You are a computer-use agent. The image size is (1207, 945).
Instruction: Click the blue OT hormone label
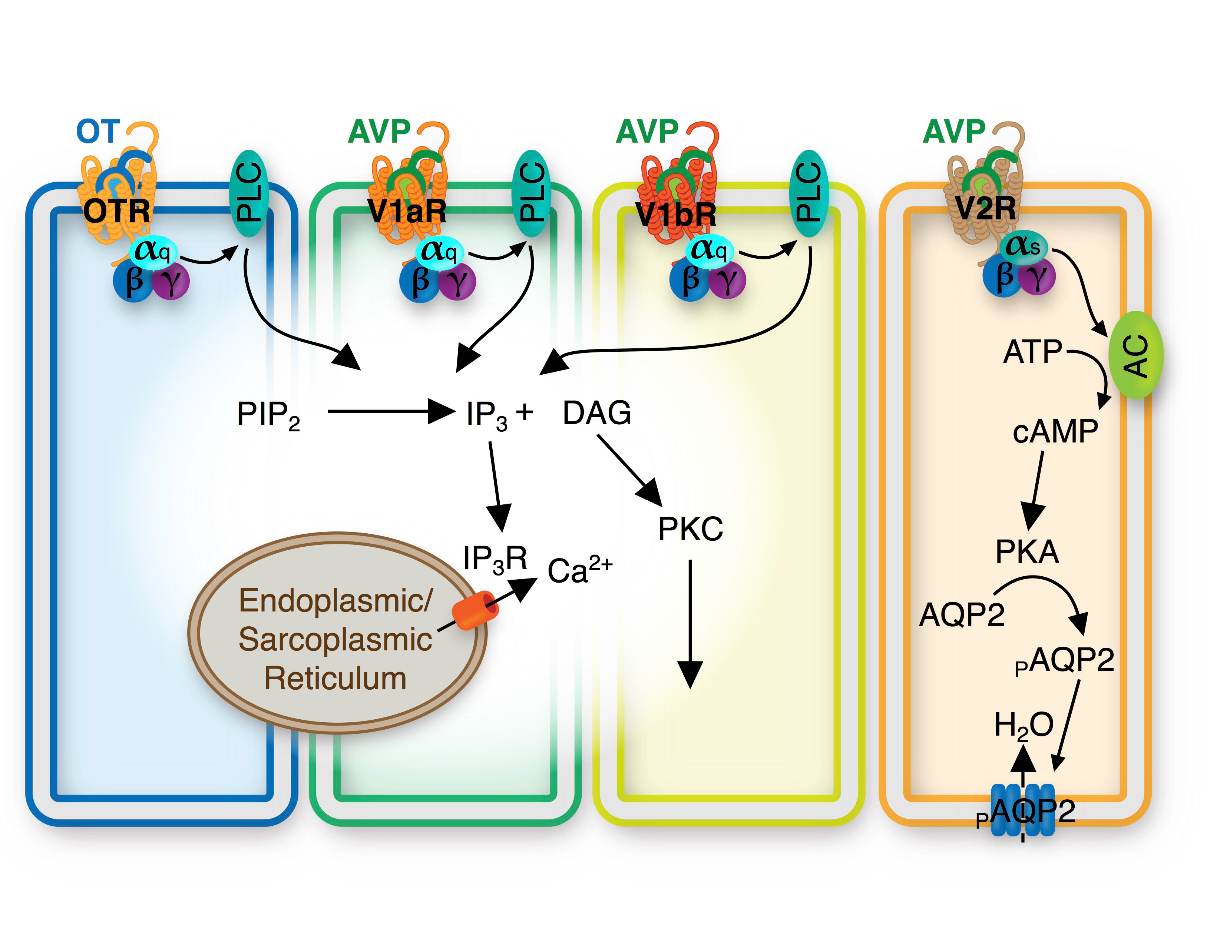(97, 132)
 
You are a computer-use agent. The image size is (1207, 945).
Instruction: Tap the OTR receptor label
(116, 211)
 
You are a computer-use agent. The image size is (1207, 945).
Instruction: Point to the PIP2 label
(268, 415)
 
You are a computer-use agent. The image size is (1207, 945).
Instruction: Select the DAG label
(596, 413)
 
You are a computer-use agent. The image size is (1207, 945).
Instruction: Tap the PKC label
(690, 528)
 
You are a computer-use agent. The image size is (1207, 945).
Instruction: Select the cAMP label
(1055, 432)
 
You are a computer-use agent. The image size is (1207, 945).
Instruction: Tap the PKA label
(1027, 551)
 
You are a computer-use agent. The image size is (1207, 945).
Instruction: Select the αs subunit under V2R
(1023, 246)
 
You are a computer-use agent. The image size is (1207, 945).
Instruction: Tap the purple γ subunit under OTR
(171, 281)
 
